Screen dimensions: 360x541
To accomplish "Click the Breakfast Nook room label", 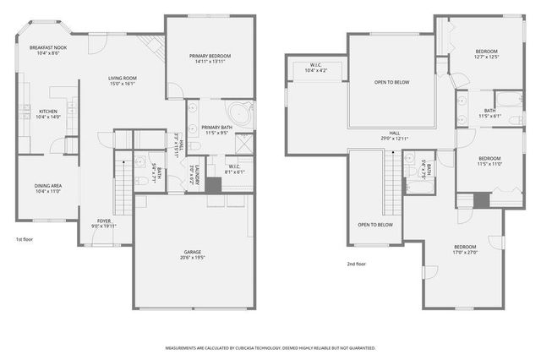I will click(48, 50).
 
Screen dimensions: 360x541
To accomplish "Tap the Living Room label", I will click(123, 80).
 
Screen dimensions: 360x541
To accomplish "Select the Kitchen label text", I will click(48, 113).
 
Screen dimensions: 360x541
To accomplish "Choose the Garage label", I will click(193, 254).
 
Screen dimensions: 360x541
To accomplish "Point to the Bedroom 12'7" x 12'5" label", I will click(486, 53).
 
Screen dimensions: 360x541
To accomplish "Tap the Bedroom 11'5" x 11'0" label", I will click(489, 161).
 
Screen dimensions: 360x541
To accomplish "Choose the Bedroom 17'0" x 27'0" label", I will click(465, 248).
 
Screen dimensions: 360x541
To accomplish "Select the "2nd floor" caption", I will click(356, 264).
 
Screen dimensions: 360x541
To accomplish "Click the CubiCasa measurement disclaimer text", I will click(270, 347).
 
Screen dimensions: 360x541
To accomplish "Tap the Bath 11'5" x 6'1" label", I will click(489, 112).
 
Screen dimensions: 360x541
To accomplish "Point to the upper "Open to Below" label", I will click(391, 83).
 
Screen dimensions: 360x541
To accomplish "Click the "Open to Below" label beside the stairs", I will click(374, 225).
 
